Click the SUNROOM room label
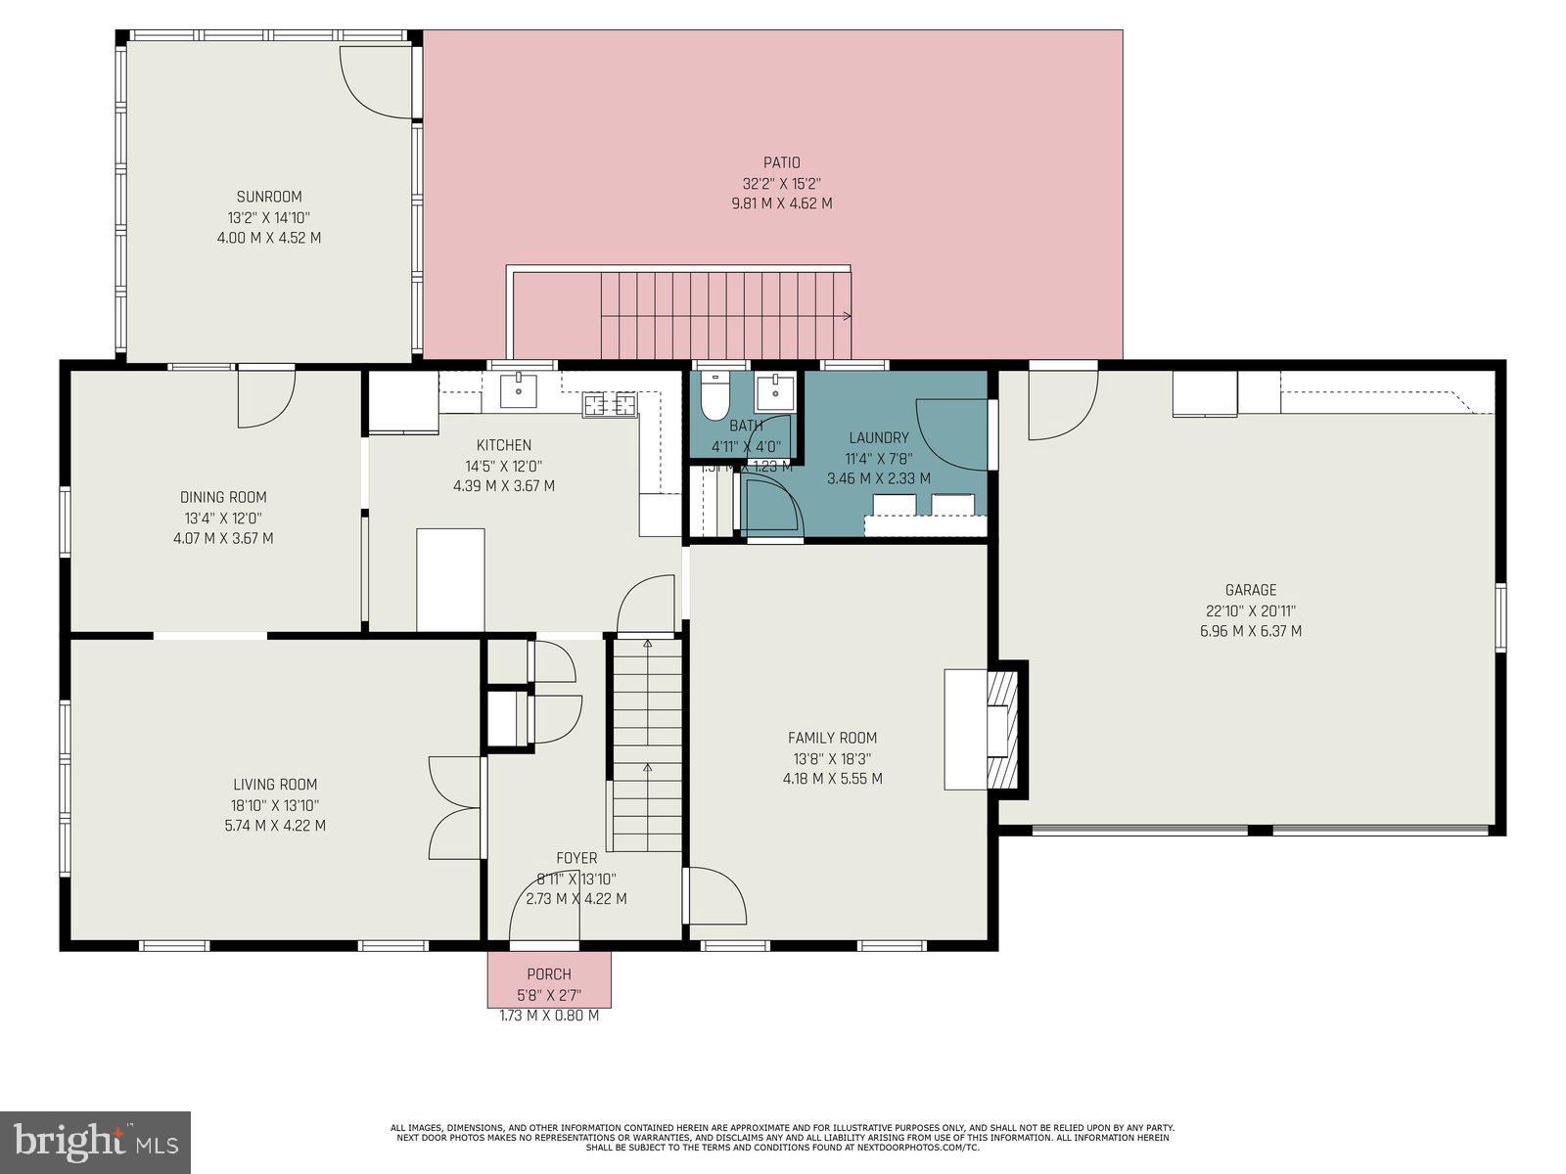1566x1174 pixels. pos(269,197)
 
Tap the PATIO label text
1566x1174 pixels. pos(781,162)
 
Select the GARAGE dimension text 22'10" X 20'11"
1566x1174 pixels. pos(1251,610)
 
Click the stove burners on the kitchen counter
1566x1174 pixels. pos(610,404)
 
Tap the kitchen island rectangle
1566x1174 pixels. pos(450,579)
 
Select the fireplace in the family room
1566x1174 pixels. pos(998,729)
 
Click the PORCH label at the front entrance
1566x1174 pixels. pos(549,974)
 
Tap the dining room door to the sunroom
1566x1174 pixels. pos(264,396)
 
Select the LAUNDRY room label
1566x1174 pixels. pos(878,437)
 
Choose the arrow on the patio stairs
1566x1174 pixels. pos(844,316)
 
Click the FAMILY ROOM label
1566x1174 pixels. pos(832,738)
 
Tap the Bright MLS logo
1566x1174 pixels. pos(95,1142)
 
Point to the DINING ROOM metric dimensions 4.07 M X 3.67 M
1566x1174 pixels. pos(223,538)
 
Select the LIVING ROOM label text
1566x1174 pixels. pos(275,784)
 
